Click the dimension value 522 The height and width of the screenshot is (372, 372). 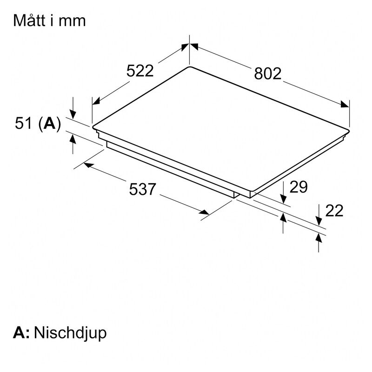pyautogui.click(x=140, y=71)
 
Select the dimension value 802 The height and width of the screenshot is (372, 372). pyautogui.click(x=268, y=73)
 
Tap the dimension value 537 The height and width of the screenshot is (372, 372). pyautogui.click(x=142, y=189)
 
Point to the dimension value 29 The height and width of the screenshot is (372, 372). pyautogui.click(x=299, y=187)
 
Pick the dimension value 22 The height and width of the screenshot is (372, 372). pyautogui.click(x=334, y=211)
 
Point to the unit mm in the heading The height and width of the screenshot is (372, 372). pyautogui.click(x=73, y=21)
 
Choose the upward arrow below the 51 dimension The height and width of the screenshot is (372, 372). pyautogui.click(x=73, y=137)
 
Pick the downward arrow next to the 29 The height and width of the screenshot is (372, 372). pyautogui.click(x=284, y=199)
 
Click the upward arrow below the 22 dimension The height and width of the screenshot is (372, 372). pyautogui.click(x=319, y=238)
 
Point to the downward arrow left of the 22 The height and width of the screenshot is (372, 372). pyautogui.click(x=319, y=221)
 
